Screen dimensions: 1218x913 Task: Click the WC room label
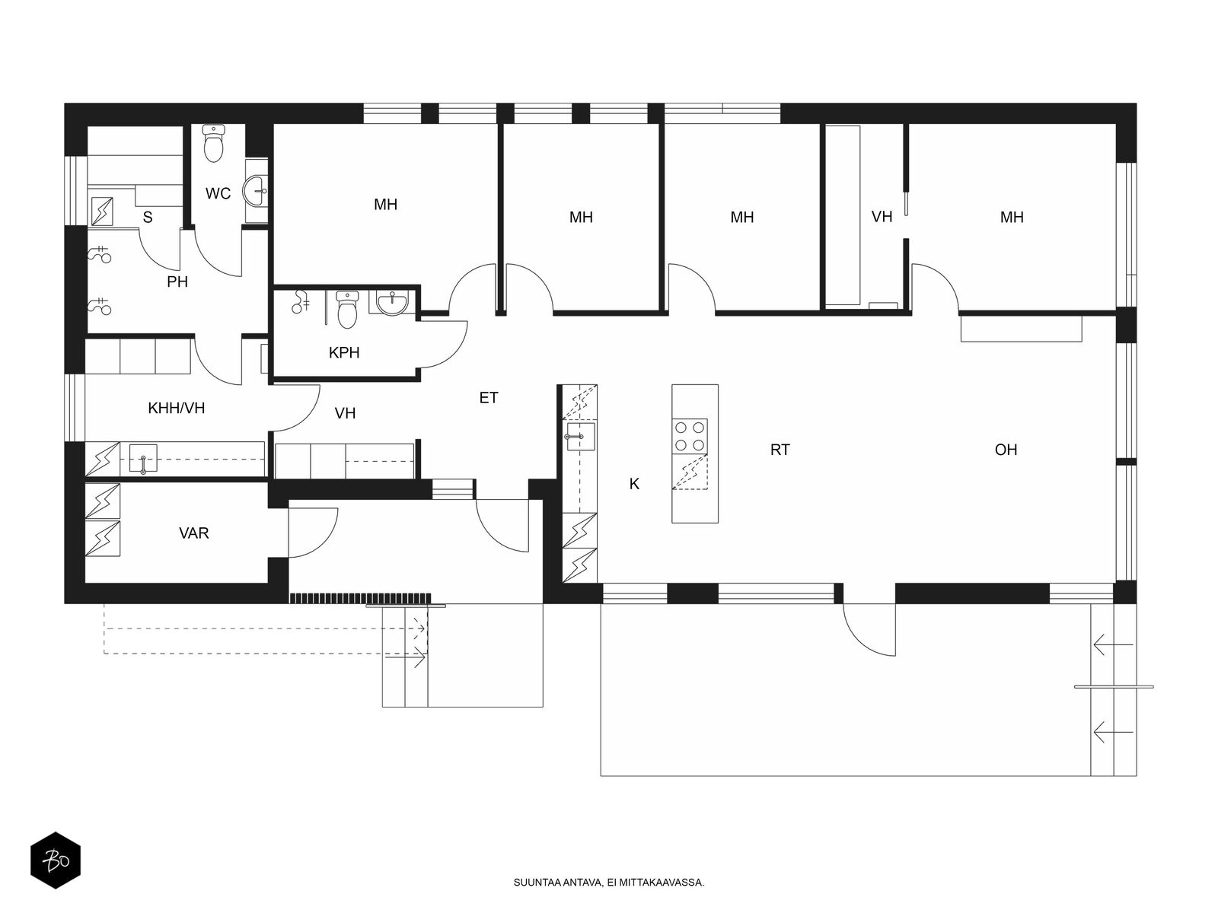[x=218, y=193]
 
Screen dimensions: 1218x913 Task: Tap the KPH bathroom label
[x=344, y=352]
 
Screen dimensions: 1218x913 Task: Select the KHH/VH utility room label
[x=177, y=409]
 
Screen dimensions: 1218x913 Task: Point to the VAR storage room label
[x=193, y=533]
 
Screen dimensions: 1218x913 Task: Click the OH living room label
[x=1006, y=450]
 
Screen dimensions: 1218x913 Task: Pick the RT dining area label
[x=780, y=450]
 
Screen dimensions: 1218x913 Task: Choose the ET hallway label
[x=488, y=397]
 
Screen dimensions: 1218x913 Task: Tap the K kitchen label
[x=634, y=484]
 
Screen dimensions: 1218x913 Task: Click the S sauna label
[x=148, y=218]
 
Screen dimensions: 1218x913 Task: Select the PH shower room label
[x=177, y=282]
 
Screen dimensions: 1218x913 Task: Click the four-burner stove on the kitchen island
[x=690, y=436]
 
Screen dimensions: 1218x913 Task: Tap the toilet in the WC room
[x=213, y=143]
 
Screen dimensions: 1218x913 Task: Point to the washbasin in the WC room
[x=257, y=189]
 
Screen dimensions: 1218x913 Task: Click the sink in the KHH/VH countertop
[x=143, y=458]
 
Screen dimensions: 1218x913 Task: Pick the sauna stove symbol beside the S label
[x=102, y=212]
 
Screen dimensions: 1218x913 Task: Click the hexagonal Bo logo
[x=56, y=861]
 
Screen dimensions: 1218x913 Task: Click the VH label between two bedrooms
[x=882, y=217]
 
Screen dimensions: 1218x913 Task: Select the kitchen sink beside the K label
[x=580, y=437]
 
